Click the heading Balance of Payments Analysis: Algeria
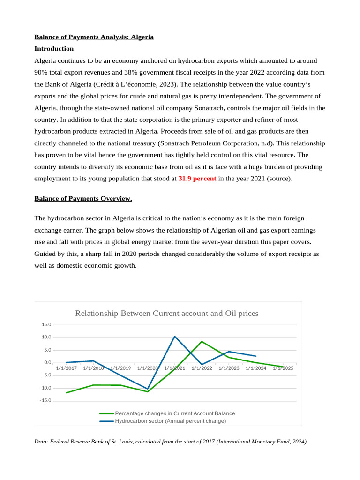94,37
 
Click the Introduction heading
54,49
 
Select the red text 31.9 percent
197,179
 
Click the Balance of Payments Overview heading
83,199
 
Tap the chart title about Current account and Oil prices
166,313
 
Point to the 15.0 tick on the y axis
46,324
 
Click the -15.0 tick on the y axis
45,401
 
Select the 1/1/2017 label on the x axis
66,368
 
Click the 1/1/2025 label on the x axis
283,368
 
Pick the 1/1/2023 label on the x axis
229,368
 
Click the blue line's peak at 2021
175,336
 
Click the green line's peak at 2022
202,341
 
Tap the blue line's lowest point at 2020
148,389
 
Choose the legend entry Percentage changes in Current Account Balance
175,413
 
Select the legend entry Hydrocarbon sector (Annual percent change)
170,421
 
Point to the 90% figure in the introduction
42,73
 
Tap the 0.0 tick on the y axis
46,363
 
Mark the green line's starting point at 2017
67,393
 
